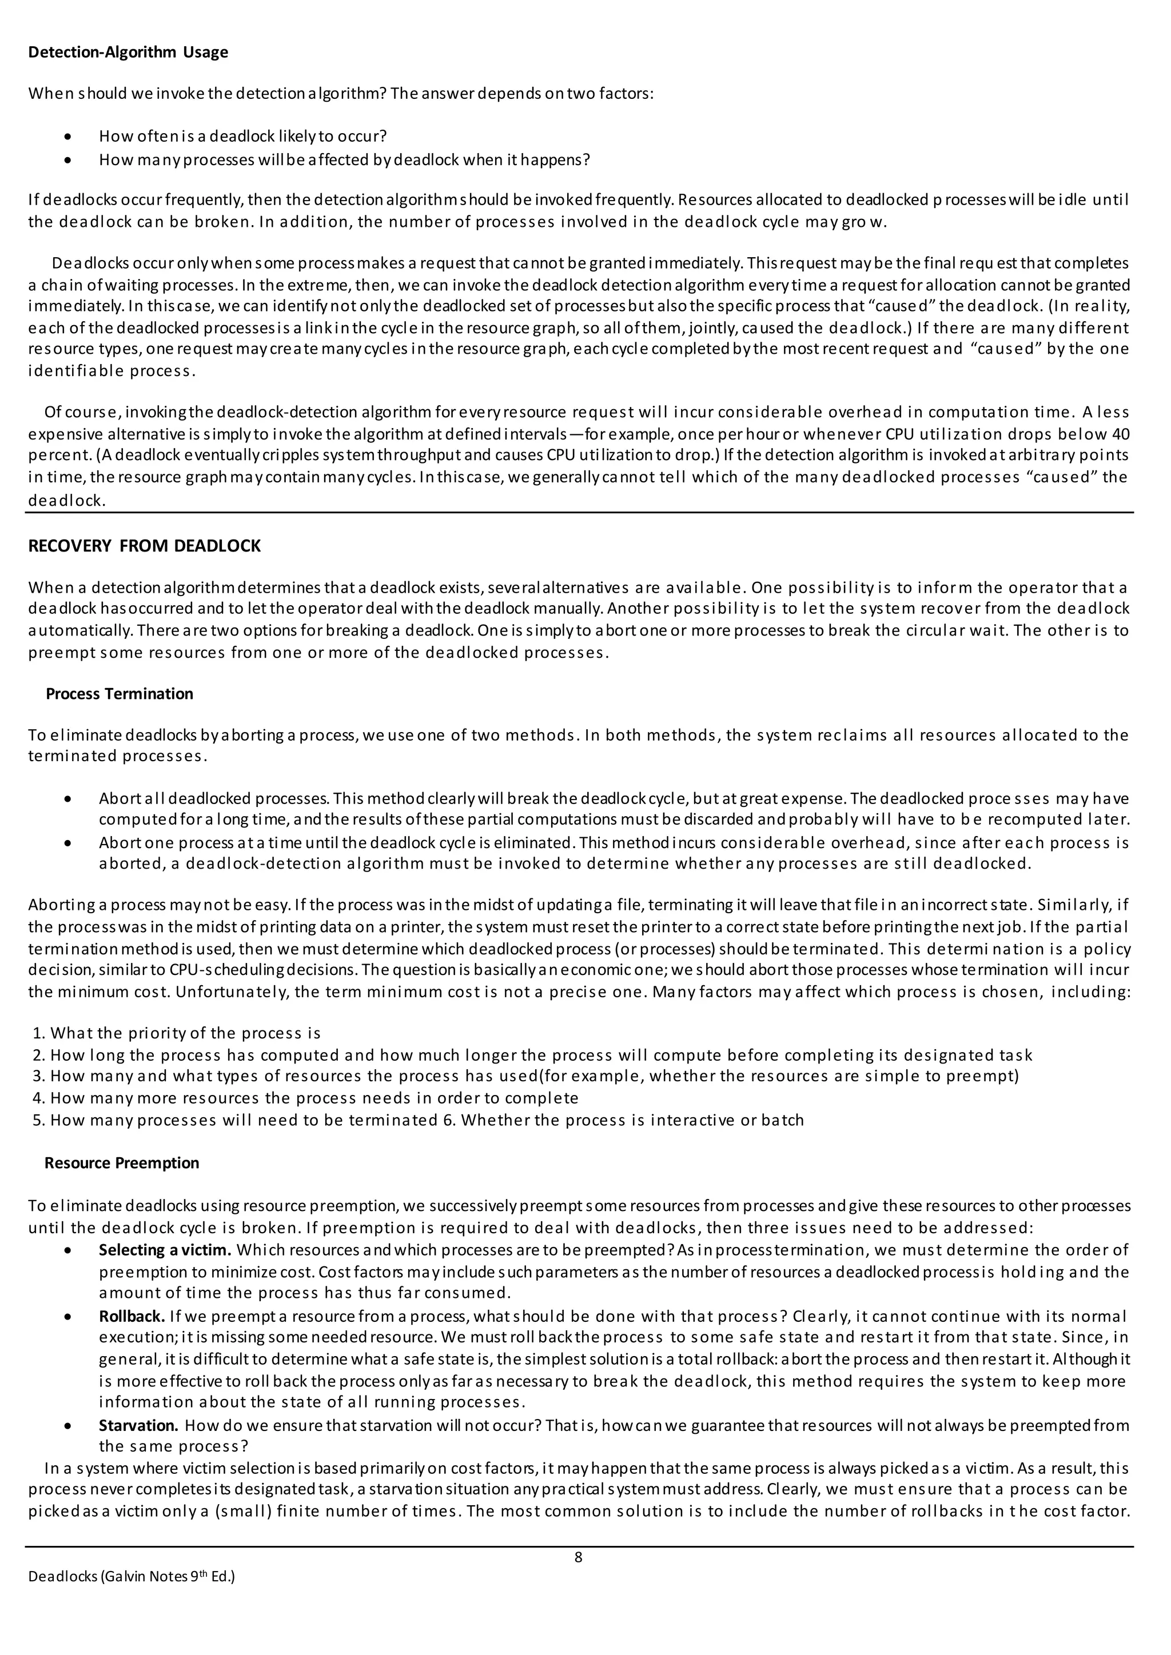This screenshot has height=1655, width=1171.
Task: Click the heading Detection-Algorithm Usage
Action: (x=128, y=52)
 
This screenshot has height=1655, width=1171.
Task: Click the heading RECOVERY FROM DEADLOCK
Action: (x=144, y=546)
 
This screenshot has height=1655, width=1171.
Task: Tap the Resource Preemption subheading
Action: (x=121, y=1163)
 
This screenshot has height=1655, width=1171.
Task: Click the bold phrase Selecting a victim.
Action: (x=165, y=1249)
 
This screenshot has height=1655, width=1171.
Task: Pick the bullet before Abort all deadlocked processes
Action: (x=68, y=799)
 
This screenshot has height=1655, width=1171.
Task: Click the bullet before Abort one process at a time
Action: (x=68, y=842)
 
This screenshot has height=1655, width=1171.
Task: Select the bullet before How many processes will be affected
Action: (x=68, y=159)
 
